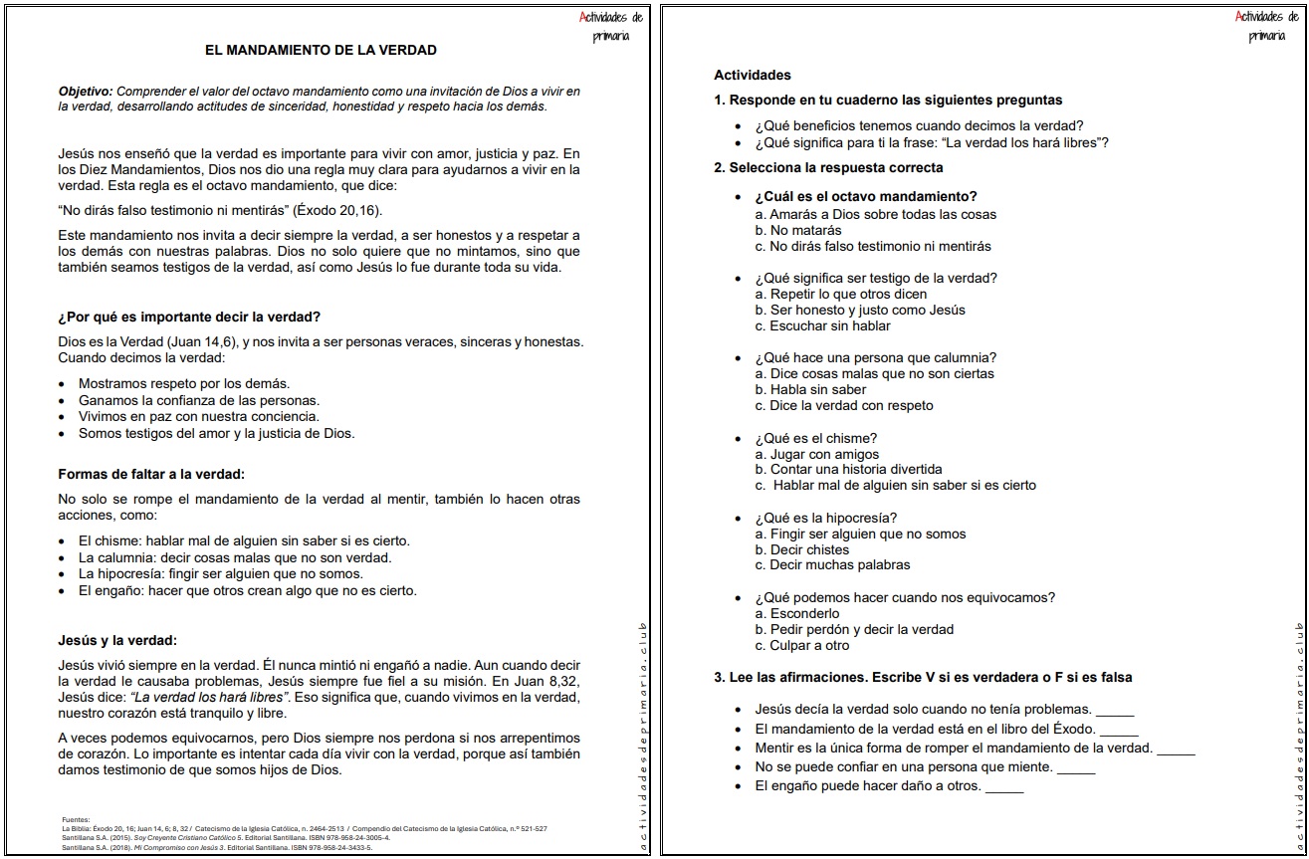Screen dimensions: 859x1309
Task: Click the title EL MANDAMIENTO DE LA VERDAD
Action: coord(320,50)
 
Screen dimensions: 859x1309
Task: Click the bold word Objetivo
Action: coord(85,92)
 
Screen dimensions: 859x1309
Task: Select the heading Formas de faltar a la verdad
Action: coord(151,474)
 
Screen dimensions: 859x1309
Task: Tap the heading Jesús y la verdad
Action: coord(117,640)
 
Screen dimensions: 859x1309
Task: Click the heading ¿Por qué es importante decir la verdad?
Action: coord(189,318)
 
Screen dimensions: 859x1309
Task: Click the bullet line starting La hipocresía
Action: coord(220,574)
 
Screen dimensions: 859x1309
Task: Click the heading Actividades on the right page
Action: coord(753,75)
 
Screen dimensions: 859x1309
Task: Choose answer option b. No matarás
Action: coord(798,231)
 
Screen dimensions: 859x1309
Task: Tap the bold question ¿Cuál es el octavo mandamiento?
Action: coord(865,196)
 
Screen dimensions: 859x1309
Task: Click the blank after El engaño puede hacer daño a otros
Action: coord(1003,787)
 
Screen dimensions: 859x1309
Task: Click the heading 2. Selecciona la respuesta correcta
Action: coord(828,167)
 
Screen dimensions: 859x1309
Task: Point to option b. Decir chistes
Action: coord(802,549)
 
